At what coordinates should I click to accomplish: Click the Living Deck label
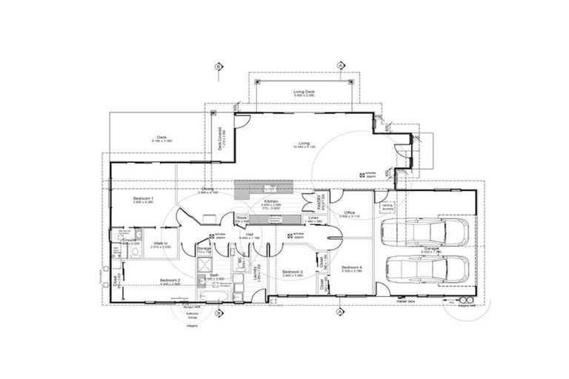tap(305, 92)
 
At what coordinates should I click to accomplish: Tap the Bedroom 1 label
tap(143, 199)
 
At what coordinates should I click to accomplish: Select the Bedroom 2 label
tap(170, 281)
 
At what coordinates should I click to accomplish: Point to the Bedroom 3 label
tap(293, 272)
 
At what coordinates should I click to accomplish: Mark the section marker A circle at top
tap(339, 66)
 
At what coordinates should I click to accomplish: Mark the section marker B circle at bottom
tap(219, 313)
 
